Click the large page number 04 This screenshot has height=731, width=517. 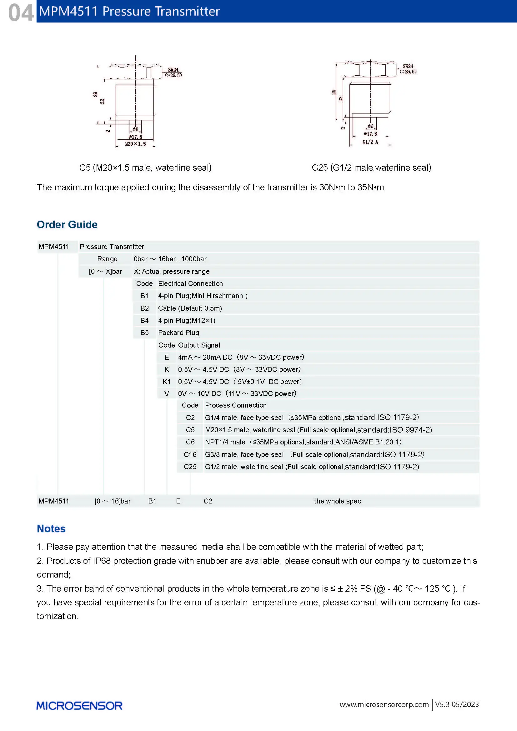coord(21,13)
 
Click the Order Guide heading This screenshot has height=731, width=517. coord(67,224)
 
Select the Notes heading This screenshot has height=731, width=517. coord(51,528)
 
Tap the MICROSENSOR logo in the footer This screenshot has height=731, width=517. coord(79,706)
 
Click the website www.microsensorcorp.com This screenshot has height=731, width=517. coord(384,704)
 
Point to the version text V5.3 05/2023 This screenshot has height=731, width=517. coord(457,704)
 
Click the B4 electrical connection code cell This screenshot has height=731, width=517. coord(144,320)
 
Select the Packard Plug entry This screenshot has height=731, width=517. coord(178,333)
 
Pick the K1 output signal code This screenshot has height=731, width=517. coord(167,381)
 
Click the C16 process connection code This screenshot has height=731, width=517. coord(190,454)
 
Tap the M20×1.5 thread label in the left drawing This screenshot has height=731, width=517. coord(136,144)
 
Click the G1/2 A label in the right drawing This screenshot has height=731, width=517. coord(370,142)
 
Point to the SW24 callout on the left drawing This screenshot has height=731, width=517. coord(173,70)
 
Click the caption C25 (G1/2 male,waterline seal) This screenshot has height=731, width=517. coord(371,168)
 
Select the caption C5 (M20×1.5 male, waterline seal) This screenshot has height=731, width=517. coord(145,168)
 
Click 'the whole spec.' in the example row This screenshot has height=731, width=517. coord(338,501)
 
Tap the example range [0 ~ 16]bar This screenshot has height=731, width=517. coord(113,501)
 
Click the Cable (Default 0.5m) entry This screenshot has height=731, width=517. coord(190,308)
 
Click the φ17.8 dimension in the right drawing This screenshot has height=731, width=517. coord(370,134)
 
